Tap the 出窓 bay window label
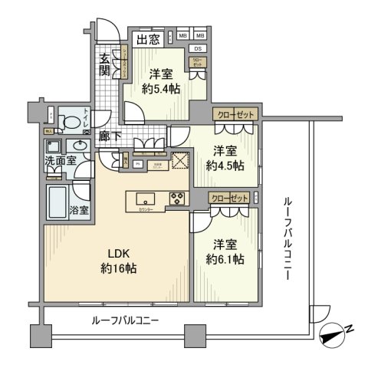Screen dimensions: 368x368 [x=148, y=38]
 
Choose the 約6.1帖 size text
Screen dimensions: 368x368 [x=224, y=260]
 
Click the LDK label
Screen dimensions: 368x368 [x=115, y=254]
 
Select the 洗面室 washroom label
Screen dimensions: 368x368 [x=58, y=162]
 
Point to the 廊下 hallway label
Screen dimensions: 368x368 [x=109, y=136]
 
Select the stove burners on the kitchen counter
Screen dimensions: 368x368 [x=177, y=197]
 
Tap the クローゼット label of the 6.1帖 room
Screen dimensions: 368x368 [x=229, y=199]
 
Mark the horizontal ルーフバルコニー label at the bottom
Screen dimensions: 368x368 [x=125, y=321]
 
